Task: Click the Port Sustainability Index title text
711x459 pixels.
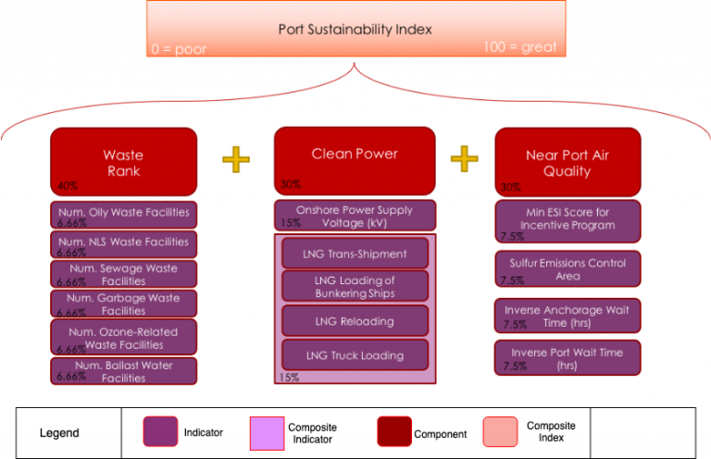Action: click(x=355, y=29)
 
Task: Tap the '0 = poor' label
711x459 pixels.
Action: click(x=179, y=49)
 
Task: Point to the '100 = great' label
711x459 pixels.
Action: click(x=519, y=46)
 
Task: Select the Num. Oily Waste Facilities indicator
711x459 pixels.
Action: click(x=123, y=214)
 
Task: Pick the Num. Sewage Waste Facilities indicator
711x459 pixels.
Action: click(x=123, y=274)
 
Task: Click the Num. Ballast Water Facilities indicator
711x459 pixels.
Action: click(x=123, y=371)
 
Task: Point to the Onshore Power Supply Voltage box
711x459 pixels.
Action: click(x=355, y=216)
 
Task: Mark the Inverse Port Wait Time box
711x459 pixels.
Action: click(x=568, y=358)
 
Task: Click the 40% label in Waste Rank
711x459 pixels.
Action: click(x=67, y=186)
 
